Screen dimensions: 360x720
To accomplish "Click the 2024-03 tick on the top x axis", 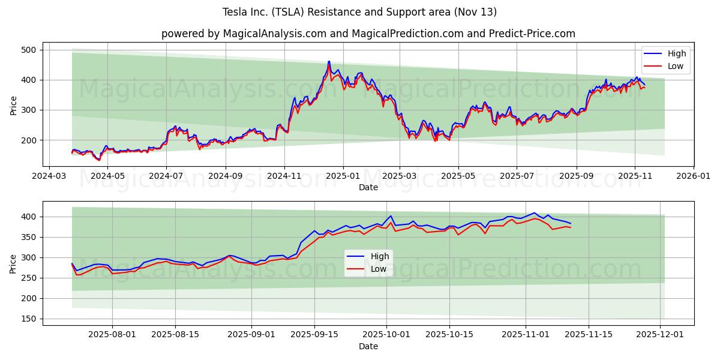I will (49, 177).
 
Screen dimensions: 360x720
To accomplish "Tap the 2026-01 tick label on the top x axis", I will (693, 177).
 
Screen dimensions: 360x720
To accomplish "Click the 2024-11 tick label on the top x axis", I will (284, 177).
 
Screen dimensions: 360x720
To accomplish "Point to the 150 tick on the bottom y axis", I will (29, 319).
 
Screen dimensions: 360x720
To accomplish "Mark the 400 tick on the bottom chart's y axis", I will (29, 217).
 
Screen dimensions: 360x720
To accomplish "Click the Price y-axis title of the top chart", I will (13, 104).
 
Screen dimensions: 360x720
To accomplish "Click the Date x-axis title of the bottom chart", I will (368, 346).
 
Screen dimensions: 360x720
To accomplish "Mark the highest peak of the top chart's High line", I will (329, 61).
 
